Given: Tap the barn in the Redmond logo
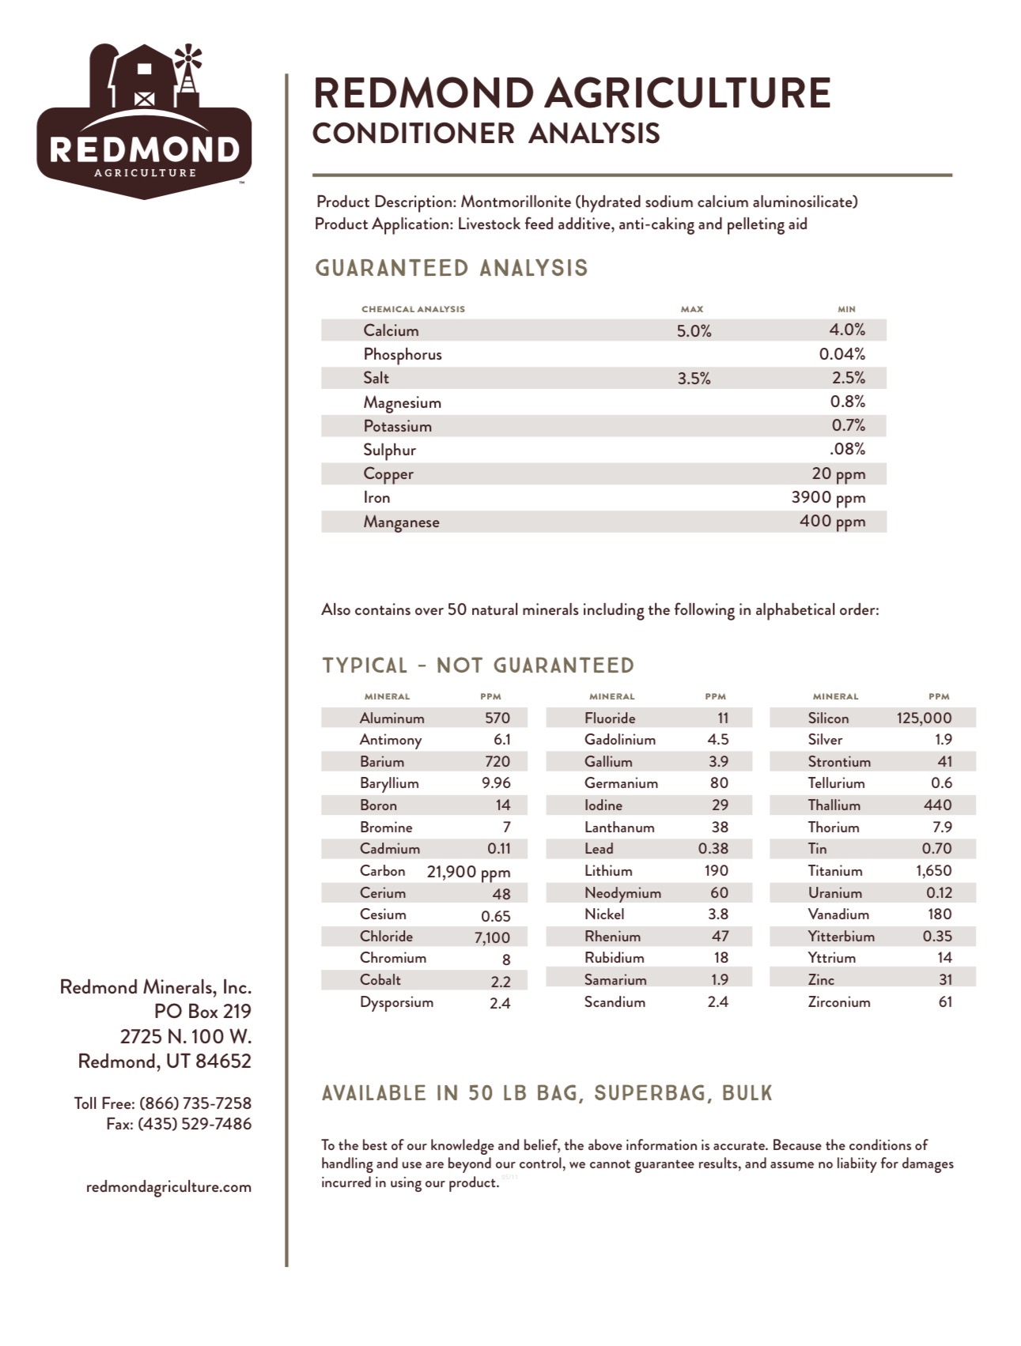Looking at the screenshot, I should (144, 79).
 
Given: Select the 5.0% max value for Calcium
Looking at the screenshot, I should (694, 331).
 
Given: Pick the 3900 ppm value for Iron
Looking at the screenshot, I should (828, 497).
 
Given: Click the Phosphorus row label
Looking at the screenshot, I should (402, 354).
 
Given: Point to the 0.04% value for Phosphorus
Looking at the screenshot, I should (841, 354).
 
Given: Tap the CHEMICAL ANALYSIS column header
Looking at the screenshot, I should (413, 309).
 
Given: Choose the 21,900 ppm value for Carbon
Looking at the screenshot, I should (468, 872).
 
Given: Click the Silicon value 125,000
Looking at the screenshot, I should (924, 718).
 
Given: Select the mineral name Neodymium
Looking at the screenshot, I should (622, 893).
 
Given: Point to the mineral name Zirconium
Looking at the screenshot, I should (838, 1002).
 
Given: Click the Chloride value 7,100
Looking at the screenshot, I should (492, 937).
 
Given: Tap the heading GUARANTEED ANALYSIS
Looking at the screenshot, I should (452, 269).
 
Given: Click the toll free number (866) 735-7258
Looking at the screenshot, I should (195, 1103).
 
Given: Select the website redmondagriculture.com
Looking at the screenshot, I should (168, 1187).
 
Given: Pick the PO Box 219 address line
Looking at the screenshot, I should (202, 1012).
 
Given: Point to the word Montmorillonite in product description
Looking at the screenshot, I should (516, 202).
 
